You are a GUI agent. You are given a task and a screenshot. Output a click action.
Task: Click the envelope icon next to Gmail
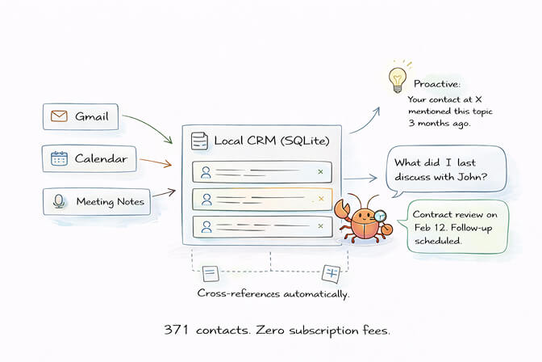(58, 116)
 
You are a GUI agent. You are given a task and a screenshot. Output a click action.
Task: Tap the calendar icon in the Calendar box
(58, 158)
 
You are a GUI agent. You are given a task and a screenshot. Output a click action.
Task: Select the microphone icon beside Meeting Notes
(58, 201)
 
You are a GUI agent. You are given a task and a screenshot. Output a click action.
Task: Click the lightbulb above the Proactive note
(396, 79)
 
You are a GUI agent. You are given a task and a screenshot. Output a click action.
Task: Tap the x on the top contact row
(320, 172)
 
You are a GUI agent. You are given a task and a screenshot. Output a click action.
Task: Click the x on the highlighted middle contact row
(320, 199)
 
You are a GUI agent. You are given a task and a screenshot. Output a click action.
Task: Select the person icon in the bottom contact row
(206, 226)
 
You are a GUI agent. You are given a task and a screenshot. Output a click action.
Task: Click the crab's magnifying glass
(381, 215)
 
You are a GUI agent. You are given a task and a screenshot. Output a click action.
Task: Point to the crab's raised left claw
(341, 212)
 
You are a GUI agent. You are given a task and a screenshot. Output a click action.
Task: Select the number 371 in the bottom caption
(177, 330)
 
